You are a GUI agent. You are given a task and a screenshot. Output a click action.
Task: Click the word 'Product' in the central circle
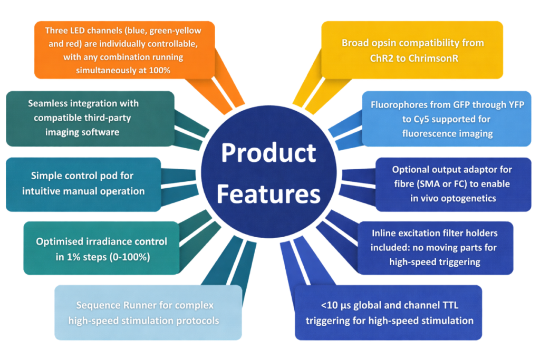[x=269, y=153]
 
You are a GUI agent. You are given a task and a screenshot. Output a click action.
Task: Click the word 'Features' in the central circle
[x=269, y=194]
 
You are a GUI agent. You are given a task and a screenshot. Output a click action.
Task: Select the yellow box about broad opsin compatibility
[x=412, y=50]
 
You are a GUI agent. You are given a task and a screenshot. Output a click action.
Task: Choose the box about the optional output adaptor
[x=453, y=184]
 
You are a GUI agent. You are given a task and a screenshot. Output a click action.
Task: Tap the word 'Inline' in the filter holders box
[x=385, y=232]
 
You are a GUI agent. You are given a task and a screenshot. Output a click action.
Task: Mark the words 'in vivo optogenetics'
[x=453, y=198]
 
